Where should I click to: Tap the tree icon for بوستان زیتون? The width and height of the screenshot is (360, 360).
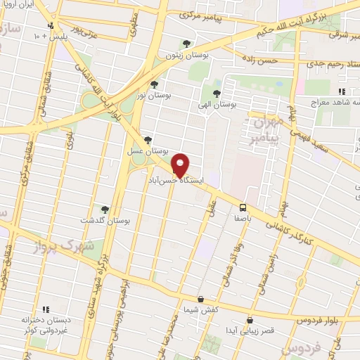click(x=186, y=44)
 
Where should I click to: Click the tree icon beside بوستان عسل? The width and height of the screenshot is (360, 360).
click(x=147, y=140)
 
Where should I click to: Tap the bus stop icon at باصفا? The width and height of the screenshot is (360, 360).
click(x=242, y=207)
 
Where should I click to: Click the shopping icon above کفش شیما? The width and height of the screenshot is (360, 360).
click(x=200, y=299)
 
